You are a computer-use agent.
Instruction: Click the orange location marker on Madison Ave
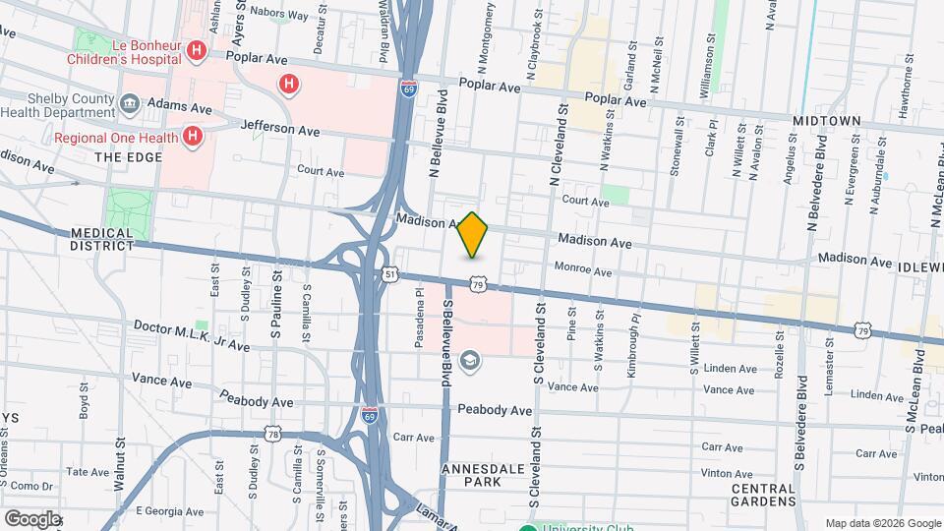[x=473, y=234]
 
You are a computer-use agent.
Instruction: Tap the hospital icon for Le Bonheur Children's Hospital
[x=197, y=50]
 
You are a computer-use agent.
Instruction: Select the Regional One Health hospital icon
[x=193, y=137]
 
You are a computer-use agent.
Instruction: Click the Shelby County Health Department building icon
[x=129, y=103]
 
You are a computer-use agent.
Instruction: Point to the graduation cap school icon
[x=469, y=361]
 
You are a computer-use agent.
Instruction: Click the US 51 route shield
[x=391, y=274]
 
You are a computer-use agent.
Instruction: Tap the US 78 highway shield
[x=273, y=434]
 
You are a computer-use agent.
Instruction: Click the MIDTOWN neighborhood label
[x=827, y=120]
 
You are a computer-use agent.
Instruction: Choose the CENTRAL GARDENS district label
[x=764, y=495]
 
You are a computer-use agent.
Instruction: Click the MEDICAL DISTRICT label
[x=101, y=239]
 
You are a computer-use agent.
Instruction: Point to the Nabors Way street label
[x=279, y=15]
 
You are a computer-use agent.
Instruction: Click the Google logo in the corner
[x=31, y=518]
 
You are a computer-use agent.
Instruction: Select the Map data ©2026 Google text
[x=882, y=523]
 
